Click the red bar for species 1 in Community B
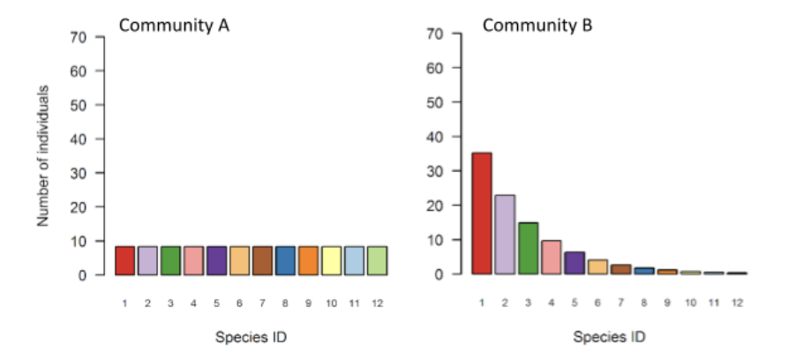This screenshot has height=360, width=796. (481, 214)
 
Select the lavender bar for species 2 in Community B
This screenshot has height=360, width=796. (504, 235)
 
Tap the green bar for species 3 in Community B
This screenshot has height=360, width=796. (528, 248)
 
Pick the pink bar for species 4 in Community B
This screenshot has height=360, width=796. (551, 257)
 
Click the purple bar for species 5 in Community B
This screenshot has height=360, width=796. (574, 263)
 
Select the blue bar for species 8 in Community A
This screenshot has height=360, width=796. (285, 260)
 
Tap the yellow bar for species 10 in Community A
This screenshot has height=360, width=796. (331, 260)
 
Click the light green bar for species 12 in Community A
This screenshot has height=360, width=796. (377, 260)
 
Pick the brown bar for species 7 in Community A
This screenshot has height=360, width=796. (262, 260)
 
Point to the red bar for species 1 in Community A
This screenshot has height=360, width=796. (124, 260)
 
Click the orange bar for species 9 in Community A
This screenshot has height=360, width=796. (308, 260)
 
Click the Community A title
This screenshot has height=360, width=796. (174, 26)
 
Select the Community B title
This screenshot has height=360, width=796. (537, 26)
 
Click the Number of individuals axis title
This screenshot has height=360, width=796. (42, 156)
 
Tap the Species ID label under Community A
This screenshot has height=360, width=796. (251, 336)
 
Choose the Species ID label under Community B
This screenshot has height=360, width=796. (609, 336)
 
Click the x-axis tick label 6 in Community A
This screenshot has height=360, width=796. (239, 303)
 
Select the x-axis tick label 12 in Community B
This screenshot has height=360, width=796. (737, 303)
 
